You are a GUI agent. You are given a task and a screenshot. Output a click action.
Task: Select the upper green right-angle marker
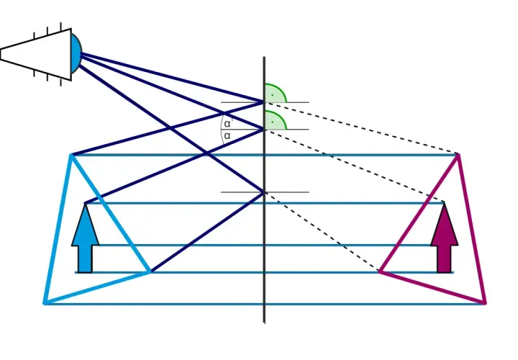point(275,93)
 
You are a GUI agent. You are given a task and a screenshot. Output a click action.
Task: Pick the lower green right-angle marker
point(275,120)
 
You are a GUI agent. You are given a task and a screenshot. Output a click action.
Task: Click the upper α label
point(227,124)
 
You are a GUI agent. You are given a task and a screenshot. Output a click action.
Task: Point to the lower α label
point(227,135)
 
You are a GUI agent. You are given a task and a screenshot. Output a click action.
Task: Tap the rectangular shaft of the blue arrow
point(85,259)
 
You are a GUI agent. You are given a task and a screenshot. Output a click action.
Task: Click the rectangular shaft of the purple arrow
point(445,259)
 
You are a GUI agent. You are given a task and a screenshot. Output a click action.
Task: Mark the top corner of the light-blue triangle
point(71,155)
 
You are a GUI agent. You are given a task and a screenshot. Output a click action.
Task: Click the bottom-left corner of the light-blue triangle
point(45,302)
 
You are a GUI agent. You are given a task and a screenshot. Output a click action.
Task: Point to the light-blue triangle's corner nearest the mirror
point(150,272)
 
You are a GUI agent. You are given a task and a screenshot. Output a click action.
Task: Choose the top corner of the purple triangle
point(458,155)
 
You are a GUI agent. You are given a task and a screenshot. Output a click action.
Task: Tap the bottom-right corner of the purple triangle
point(485,302)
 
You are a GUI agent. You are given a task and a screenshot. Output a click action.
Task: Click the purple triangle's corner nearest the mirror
point(380,271)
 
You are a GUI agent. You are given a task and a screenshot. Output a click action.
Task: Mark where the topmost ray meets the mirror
point(264,102)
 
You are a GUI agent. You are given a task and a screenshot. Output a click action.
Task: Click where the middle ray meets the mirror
point(264,130)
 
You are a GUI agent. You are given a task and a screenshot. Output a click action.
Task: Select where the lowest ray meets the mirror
point(264,192)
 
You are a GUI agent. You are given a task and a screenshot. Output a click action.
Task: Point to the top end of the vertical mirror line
point(264,57)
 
